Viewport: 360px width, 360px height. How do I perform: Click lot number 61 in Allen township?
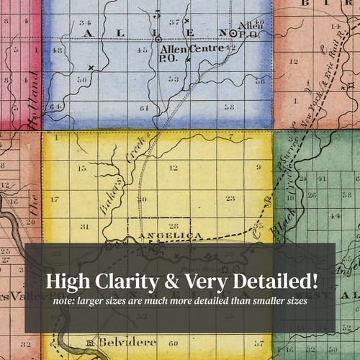click(x=144, y=107)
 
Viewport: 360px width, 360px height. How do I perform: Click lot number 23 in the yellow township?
click(x=230, y=198)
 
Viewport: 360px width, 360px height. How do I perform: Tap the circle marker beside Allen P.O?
click(x=233, y=34)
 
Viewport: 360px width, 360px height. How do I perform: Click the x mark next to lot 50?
click(x=91, y=68)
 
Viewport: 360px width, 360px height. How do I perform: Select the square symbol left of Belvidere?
click(x=89, y=341)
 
